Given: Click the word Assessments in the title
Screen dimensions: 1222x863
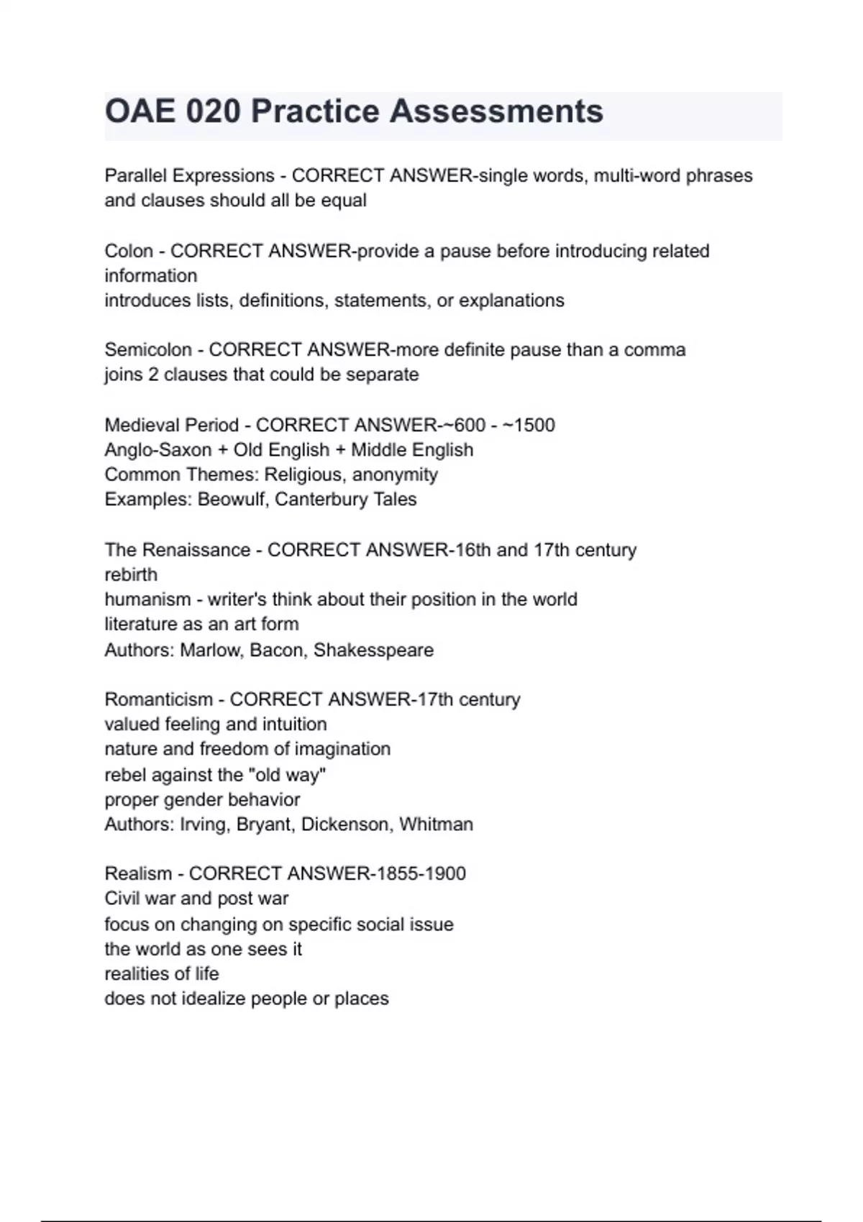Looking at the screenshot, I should click(496, 111).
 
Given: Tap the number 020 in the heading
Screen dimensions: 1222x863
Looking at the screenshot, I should click(212, 111).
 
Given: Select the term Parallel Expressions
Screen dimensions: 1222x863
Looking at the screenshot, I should click(189, 175).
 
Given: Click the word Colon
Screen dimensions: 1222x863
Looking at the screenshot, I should click(129, 251).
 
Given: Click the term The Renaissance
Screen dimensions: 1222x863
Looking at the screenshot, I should click(177, 550).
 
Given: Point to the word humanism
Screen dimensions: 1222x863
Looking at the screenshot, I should click(147, 599).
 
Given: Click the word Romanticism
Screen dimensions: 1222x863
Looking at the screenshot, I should click(157, 699).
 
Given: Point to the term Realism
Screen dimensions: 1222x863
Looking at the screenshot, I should click(138, 873).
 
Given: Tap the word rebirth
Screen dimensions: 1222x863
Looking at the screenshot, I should click(131, 574).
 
